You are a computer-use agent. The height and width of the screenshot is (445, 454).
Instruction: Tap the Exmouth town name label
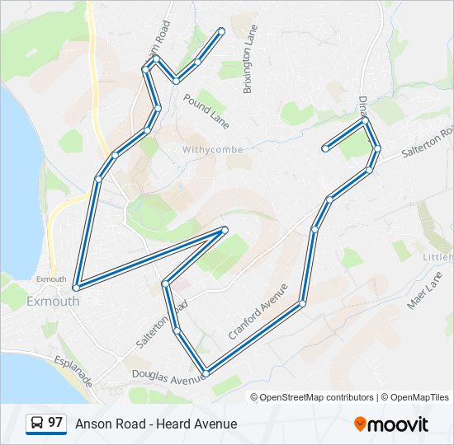(53, 301)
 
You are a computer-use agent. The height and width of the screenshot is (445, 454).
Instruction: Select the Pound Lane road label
(206, 111)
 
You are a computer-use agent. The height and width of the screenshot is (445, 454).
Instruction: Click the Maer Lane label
(424, 293)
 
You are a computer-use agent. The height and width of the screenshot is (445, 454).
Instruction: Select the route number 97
(55, 423)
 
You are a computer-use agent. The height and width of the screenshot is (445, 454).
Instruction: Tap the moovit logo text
(399, 424)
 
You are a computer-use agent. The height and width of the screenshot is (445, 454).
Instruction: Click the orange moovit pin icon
(360, 424)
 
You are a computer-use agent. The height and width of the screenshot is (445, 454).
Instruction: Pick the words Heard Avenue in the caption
(201, 424)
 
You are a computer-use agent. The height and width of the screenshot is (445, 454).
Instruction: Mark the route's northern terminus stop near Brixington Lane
(221, 31)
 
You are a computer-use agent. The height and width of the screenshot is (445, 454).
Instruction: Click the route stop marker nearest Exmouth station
(76, 288)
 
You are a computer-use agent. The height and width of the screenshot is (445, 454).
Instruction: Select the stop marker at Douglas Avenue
(206, 373)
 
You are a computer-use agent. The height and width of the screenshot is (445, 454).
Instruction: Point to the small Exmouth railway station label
(50, 279)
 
